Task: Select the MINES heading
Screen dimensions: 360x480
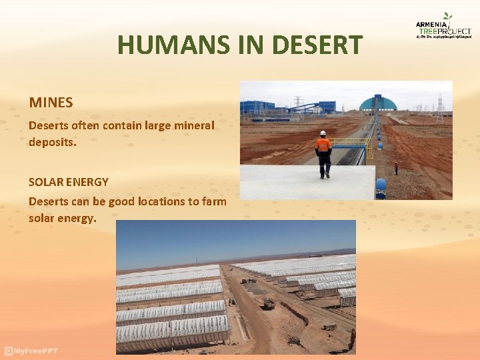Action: (x=51, y=103)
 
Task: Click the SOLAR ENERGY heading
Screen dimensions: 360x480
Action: (x=69, y=181)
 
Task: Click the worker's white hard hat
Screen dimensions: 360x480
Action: (x=323, y=133)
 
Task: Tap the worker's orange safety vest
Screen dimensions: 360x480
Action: (x=323, y=144)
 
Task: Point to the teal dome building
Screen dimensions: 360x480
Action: (x=378, y=103)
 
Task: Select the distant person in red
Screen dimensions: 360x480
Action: (x=396, y=167)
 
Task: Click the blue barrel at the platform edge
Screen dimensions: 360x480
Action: (x=381, y=187)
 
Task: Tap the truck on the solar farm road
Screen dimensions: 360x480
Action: (x=269, y=304)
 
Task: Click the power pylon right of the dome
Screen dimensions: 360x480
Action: (x=439, y=107)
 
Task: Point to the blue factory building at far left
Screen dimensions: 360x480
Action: (x=257, y=107)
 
